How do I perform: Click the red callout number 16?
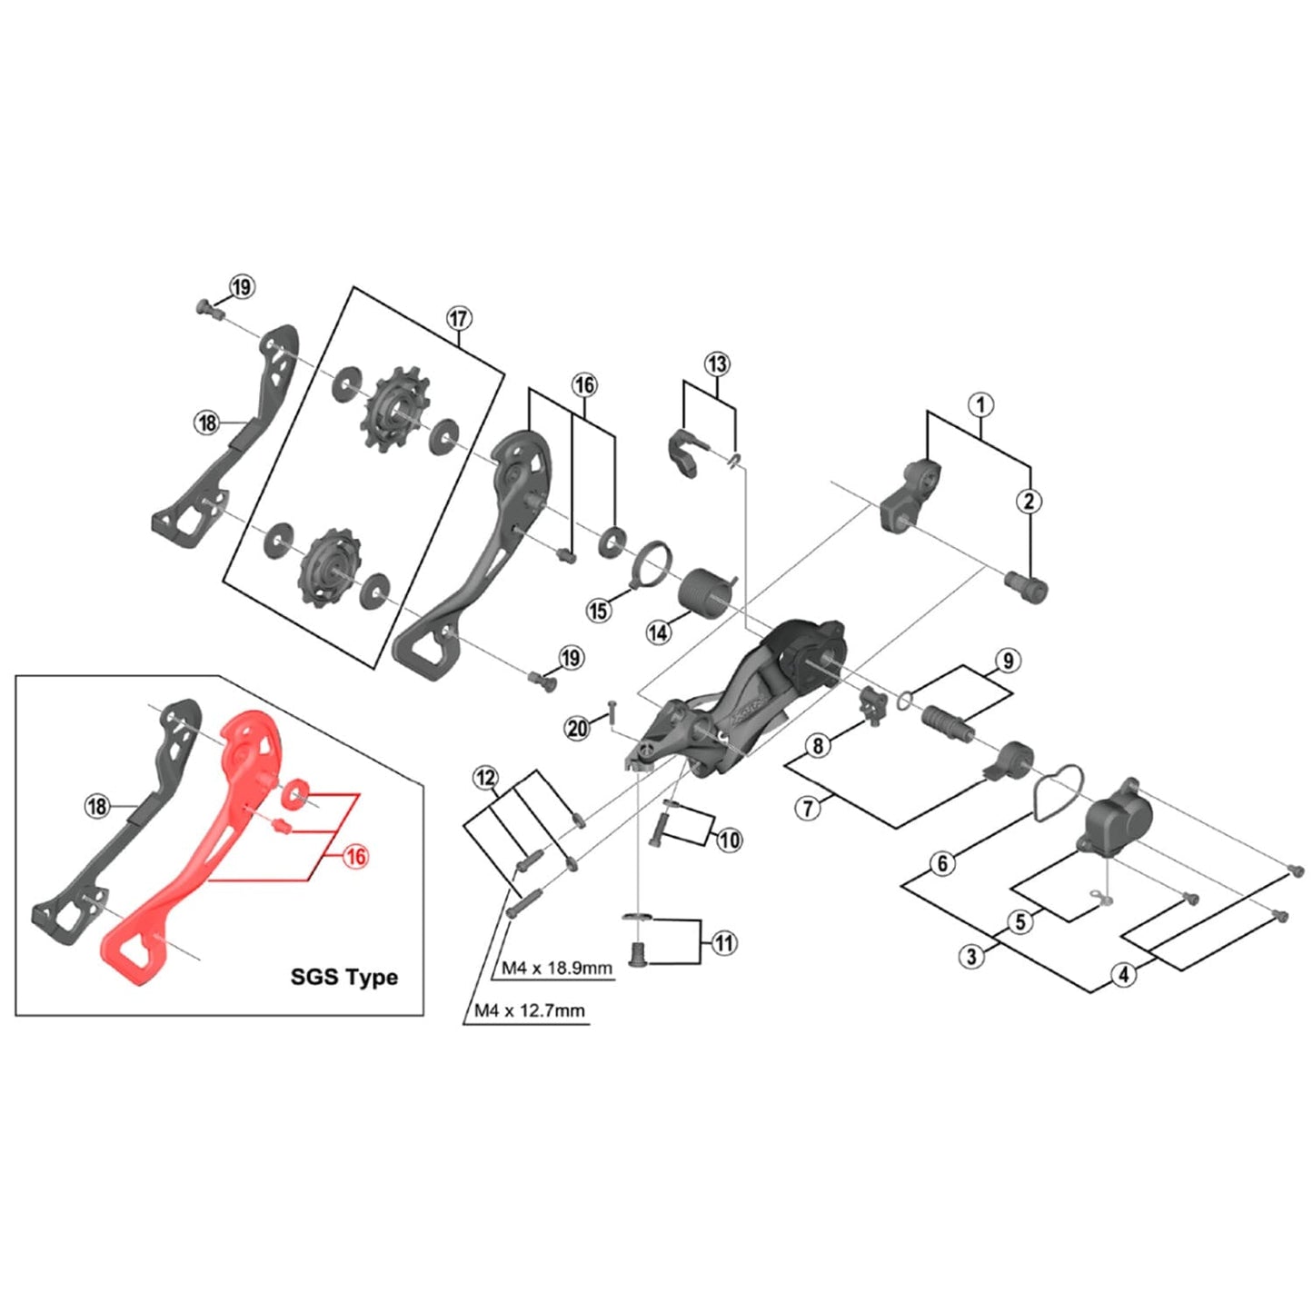[x=356, y=856]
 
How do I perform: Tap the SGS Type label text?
[x=343, y=977]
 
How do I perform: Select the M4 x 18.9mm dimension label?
[x=557, y=968]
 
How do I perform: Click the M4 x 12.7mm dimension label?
[x=530, y=1010]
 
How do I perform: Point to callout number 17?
[x=459, y=319]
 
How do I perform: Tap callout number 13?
[x=718, y=364]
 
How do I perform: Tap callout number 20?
[x=578, y=728]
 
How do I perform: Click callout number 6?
[x=942, y=862]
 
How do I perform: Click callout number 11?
[x=723, y=943]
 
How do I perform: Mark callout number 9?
[x=1008, y=661]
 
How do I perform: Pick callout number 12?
[x=486, y=778]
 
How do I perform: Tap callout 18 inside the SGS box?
[x=97, y=806]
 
